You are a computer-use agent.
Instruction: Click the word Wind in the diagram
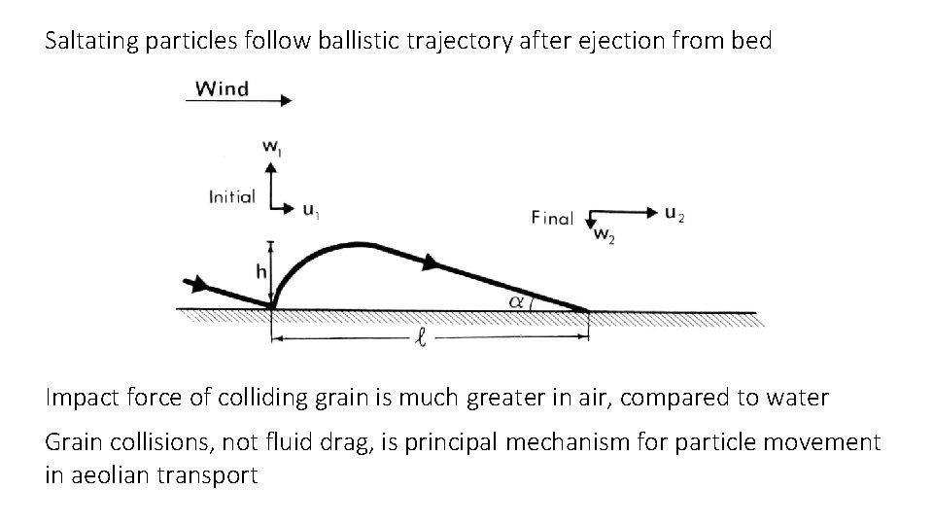(x=222, y=88)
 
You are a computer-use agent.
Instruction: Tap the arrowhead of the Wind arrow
(x=284, y=100)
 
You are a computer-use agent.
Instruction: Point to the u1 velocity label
(x=308, y=209)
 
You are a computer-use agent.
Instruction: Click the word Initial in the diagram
(x=231, y=196)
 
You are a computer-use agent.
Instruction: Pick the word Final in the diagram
(x=552, y=218)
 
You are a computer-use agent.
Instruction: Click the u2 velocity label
(x=674, y=212)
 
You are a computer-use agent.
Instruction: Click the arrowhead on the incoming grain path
(x=200, y=284)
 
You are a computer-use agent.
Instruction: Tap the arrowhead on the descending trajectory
(x=430, y=261)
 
